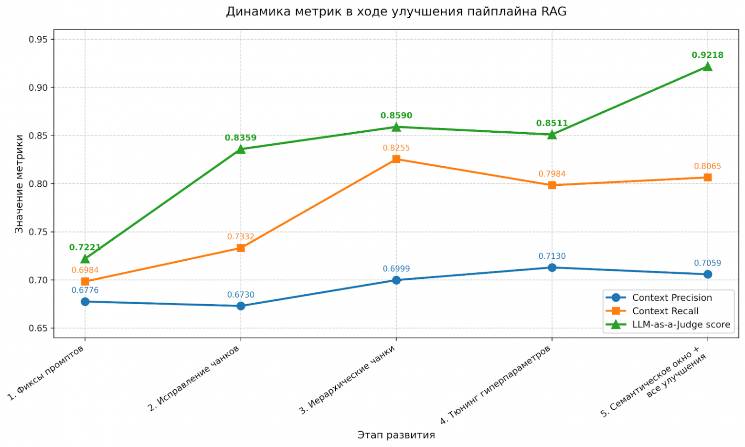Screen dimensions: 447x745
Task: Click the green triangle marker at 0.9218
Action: (x=707, y=66)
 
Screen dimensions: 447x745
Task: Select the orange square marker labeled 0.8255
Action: (x=396, y=159)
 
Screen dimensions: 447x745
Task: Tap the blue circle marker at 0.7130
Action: (x=552, y=267)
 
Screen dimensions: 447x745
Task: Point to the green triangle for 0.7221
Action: (x=85, y=259)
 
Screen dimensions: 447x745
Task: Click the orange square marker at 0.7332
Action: (x=241, y=248)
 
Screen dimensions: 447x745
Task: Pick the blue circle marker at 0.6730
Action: (x=241, y=306)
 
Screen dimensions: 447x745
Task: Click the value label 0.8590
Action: (x=396, y=116)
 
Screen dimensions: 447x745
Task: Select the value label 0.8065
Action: (x=707, y=166)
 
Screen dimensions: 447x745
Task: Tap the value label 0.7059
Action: (x=707, y=263)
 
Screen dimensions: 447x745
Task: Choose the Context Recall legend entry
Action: (x=665, y=311)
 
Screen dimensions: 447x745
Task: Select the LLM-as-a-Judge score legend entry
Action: (x=681, y=324)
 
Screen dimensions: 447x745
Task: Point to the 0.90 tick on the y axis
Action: (x=39, y=87)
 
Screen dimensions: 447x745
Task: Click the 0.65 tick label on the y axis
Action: (x=39, y=328)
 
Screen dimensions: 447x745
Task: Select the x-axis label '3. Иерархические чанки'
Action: (x=347, y=380)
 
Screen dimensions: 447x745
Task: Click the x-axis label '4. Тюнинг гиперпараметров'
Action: (x=495, y=385)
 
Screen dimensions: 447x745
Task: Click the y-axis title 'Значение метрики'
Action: (x=19, y=184)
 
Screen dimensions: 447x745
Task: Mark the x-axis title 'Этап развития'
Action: (x=396, y=435)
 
